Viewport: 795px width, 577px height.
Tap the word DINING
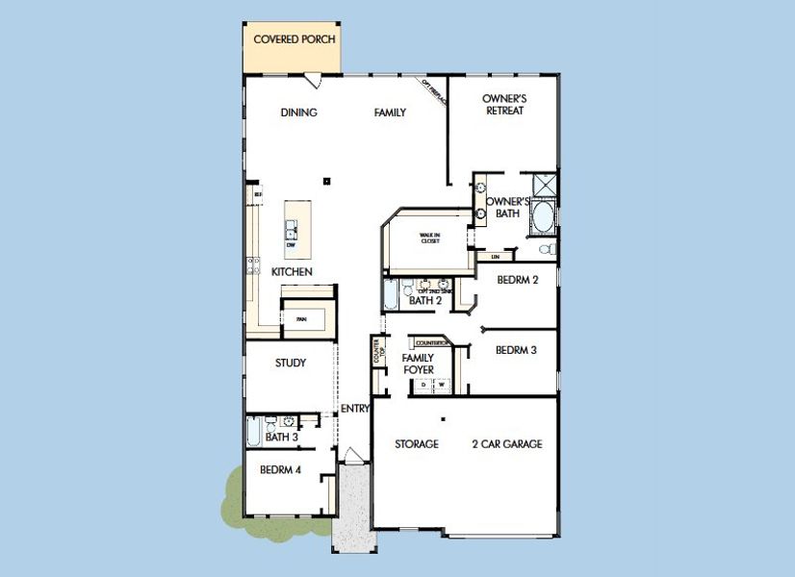pos(298,113)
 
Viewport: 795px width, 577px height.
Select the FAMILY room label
pos(390,113)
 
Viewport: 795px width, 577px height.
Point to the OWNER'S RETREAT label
pos(503,105)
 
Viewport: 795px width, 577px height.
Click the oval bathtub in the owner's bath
pos(543,215)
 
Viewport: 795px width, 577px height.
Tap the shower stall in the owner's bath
pos(545,184)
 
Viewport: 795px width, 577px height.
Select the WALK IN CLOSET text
pos(429,238)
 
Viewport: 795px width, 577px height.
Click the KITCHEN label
pos(292,272)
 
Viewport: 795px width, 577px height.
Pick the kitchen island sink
pos(291,230)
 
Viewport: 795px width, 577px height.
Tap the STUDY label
pos(291,363)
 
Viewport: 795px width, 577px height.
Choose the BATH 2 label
pos(424,301)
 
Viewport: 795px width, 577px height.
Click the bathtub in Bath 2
pos(389,295)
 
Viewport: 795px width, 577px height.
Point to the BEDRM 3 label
pos(516,350)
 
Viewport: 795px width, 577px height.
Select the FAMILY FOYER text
pos(418,364)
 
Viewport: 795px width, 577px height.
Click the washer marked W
pos(443,384)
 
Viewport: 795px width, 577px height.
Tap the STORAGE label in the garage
pos(417,444)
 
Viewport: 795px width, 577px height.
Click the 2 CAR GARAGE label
pos(506,444)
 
